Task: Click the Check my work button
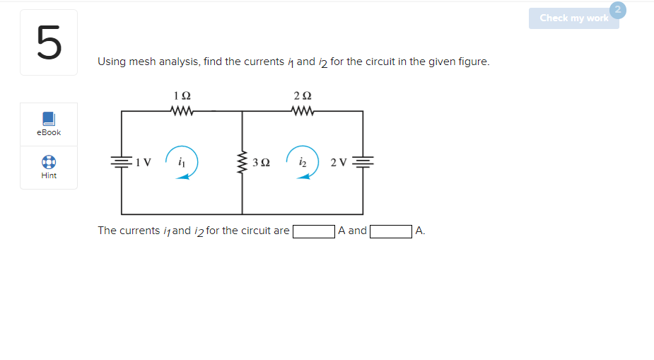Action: click(573, 18)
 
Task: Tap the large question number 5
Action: click(49, 42)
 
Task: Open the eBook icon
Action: click(49, 118)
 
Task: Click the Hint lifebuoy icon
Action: click(49, 161)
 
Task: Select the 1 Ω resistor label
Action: click(182, 95)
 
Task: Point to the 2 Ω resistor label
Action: click(303, 95)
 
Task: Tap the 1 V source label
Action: click(144, 163)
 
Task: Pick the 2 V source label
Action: click(339, 163)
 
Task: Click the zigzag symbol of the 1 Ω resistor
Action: click(182, 111)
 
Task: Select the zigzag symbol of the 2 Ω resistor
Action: click(303, 111)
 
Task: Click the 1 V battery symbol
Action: click(122, 163)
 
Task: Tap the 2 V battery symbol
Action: click(363, 163)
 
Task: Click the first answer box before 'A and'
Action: click(314, 231)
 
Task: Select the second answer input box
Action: click(391, 231)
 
